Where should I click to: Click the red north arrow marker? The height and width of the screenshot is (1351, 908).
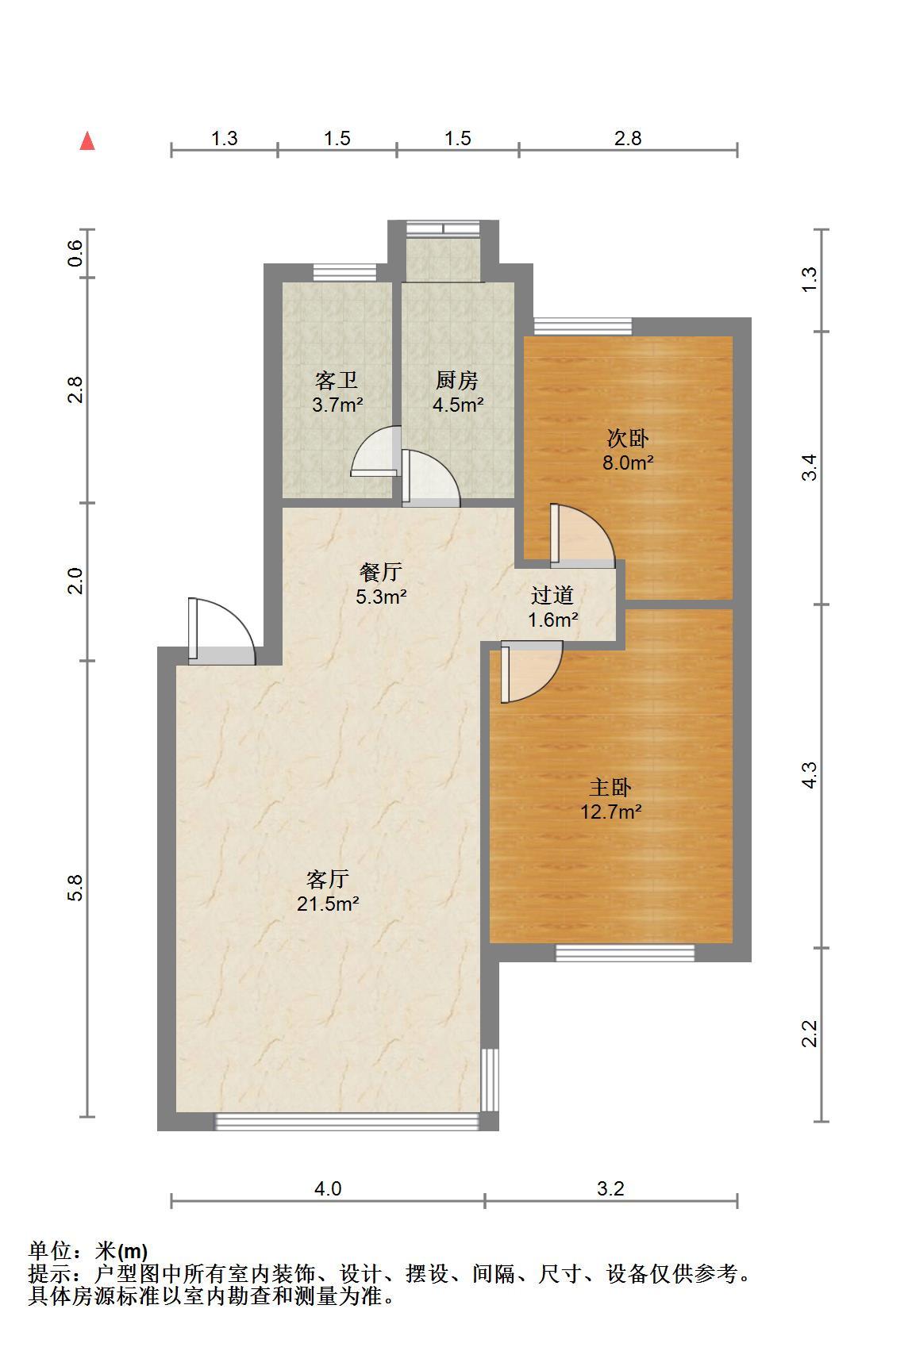(87, 141)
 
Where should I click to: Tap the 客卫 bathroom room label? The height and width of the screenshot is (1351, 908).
(336, 381)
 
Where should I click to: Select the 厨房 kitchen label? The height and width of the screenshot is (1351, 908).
(456, 381)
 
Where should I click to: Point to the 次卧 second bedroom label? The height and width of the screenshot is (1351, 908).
(628, 439)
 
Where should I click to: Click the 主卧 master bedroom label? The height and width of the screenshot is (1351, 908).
(610, 788)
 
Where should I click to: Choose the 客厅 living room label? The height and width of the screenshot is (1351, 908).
(327, 880)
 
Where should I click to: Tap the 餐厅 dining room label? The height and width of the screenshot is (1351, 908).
(380, 572)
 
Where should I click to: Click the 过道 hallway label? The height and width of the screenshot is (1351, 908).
(552, 595)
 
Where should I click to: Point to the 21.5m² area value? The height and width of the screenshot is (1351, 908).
(328, 904)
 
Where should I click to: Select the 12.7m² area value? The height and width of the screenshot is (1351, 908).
(610, 812)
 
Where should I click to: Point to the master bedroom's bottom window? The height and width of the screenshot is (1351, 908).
(625, 953)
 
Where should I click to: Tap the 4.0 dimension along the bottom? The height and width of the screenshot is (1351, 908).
(328, 1188)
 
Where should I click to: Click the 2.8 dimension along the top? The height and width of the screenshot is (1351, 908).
(628, 139)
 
